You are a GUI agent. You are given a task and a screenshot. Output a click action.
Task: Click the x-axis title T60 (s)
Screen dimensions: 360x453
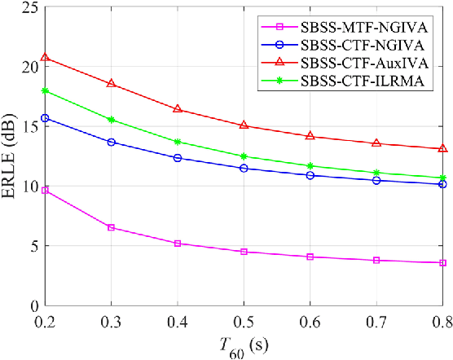(244, 347)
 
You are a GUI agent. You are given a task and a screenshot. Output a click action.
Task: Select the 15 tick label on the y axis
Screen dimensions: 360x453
(30, 126)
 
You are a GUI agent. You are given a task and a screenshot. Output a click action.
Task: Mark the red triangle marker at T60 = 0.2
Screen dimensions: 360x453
(46, 58)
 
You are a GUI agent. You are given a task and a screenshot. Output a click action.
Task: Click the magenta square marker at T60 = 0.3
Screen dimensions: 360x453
(112, 227)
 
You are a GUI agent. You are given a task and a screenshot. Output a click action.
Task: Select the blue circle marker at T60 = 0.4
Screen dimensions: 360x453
(178, 158)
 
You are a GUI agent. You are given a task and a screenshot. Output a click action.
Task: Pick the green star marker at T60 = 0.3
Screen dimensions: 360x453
(112, 120)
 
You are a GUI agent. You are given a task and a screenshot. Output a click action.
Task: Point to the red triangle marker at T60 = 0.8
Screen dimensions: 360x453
(442, 148)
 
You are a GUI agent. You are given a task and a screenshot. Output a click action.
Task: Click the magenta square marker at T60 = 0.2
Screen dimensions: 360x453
(46, 190)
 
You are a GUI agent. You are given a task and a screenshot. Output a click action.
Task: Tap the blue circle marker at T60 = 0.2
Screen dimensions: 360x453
(46, 118)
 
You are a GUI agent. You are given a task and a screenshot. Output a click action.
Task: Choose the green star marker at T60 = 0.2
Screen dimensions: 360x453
(46, 90)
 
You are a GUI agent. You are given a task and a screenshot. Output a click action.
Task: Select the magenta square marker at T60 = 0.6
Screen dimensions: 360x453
(310, 257)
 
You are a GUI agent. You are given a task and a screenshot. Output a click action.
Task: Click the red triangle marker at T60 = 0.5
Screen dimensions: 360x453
(244, 125)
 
